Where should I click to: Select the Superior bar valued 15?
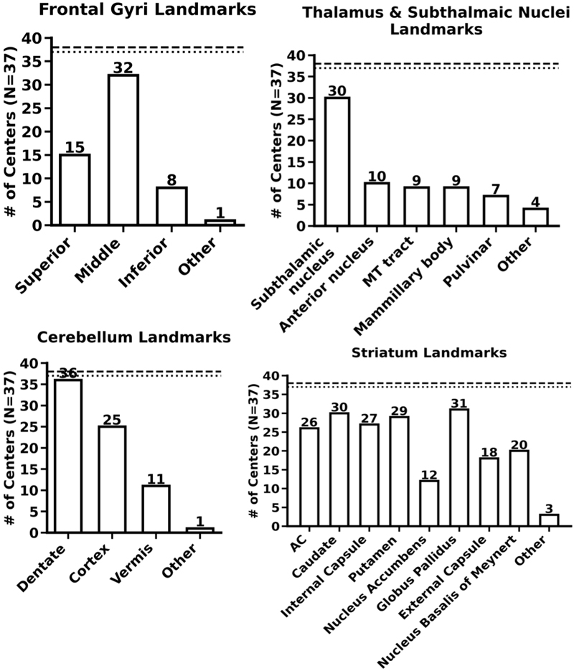point(74,189)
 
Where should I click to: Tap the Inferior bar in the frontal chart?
point(173,207)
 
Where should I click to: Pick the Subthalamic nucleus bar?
point(338,162)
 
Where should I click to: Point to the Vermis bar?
point(156,509)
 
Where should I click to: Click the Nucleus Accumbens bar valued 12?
point(428,503)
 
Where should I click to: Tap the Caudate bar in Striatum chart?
point(339,469)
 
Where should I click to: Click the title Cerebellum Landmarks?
point(124,337)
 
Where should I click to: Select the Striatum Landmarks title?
point(429,352)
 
